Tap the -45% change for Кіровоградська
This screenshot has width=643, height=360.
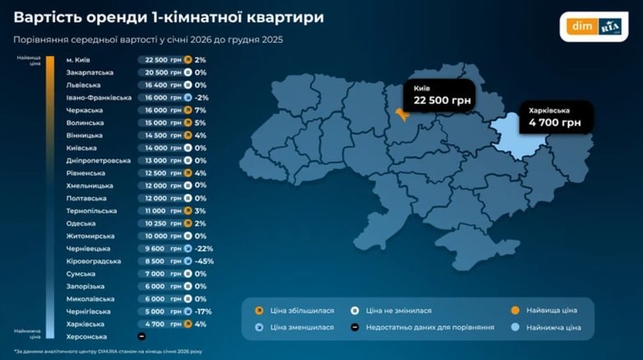(203, 261)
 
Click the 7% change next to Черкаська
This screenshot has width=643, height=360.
(199, 110)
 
